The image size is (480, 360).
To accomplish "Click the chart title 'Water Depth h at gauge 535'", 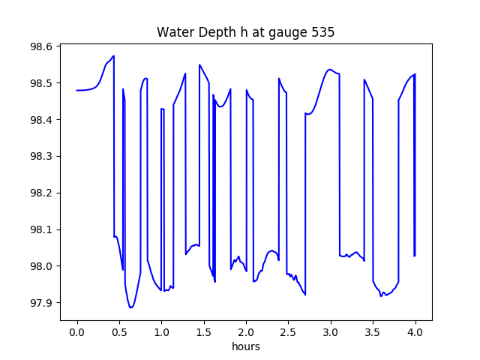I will pos(245,33).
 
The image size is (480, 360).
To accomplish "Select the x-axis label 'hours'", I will pos(246,347).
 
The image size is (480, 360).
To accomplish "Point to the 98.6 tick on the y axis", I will pos(40,46).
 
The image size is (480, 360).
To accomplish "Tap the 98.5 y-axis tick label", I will pos(40,83).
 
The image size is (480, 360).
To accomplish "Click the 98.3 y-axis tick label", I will pos(40,157).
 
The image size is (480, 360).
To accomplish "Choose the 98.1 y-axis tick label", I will pos(40,230).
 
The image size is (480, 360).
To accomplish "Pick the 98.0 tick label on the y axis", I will pos(40,267).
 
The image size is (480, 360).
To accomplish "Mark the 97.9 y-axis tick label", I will pos(40,304).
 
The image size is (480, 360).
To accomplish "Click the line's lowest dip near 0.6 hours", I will pos(130,307).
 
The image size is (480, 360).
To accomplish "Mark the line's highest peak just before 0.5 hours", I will pos(113,56).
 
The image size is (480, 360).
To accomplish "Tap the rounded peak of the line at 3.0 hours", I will pos(329,70).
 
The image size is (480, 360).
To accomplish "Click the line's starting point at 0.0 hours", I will pos(77,90).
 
